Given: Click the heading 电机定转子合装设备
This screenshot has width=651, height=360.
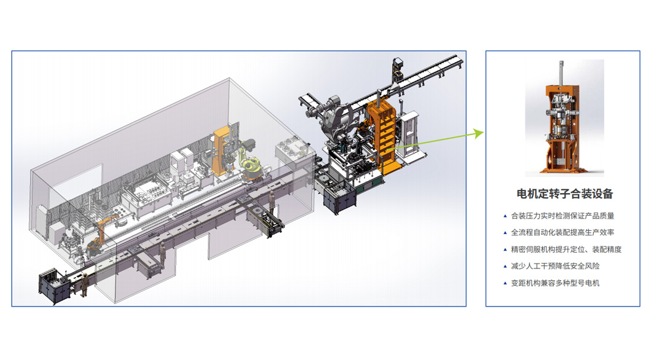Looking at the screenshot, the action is coord(565,194).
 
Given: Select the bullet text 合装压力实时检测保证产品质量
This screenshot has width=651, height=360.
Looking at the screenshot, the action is coord(562,216).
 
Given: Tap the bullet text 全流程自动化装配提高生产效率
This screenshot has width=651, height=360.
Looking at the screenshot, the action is coord(562,232).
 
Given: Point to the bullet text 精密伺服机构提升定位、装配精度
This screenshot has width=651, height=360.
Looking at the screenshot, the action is coord(566,249).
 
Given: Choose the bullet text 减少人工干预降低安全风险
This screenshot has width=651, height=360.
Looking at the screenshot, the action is coord(555,266).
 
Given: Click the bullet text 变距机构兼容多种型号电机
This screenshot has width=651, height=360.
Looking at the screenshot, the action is coord(555,283).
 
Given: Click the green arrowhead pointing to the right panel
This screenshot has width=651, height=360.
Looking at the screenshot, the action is coord(479,133).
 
